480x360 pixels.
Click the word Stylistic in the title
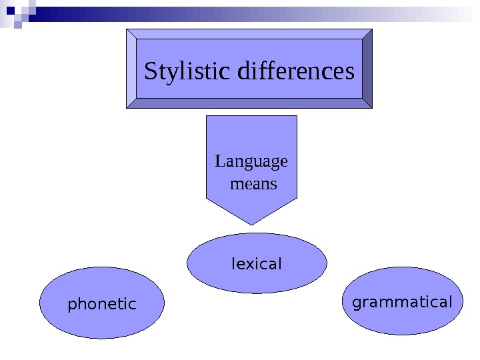coord(181,71)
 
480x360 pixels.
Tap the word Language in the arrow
coord(251,162)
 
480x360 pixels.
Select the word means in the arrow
coord(253,183)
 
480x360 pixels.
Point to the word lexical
coord(257,264)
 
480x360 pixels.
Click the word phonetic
coord(102,305)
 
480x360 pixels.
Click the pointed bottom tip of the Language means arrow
coord(251,222)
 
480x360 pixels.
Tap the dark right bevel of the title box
coord(367,68)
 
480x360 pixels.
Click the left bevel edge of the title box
coord(131,68)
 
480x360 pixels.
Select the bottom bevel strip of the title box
coord(249,103)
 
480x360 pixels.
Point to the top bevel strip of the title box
coord(249,33)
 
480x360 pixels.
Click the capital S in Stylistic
coord(151,71)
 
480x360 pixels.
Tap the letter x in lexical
coord(250,265)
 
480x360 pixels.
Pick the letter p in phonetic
coord(72,306)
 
